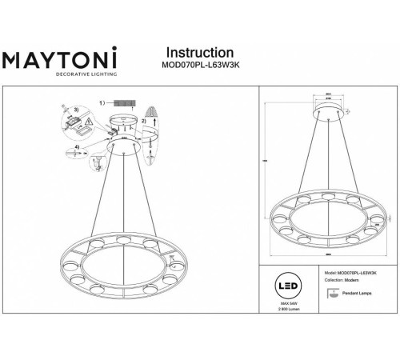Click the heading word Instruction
click(198, 53)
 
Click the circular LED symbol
click(285, 287)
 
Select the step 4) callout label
click(76, 148)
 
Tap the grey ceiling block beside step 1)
click(125, 103)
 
